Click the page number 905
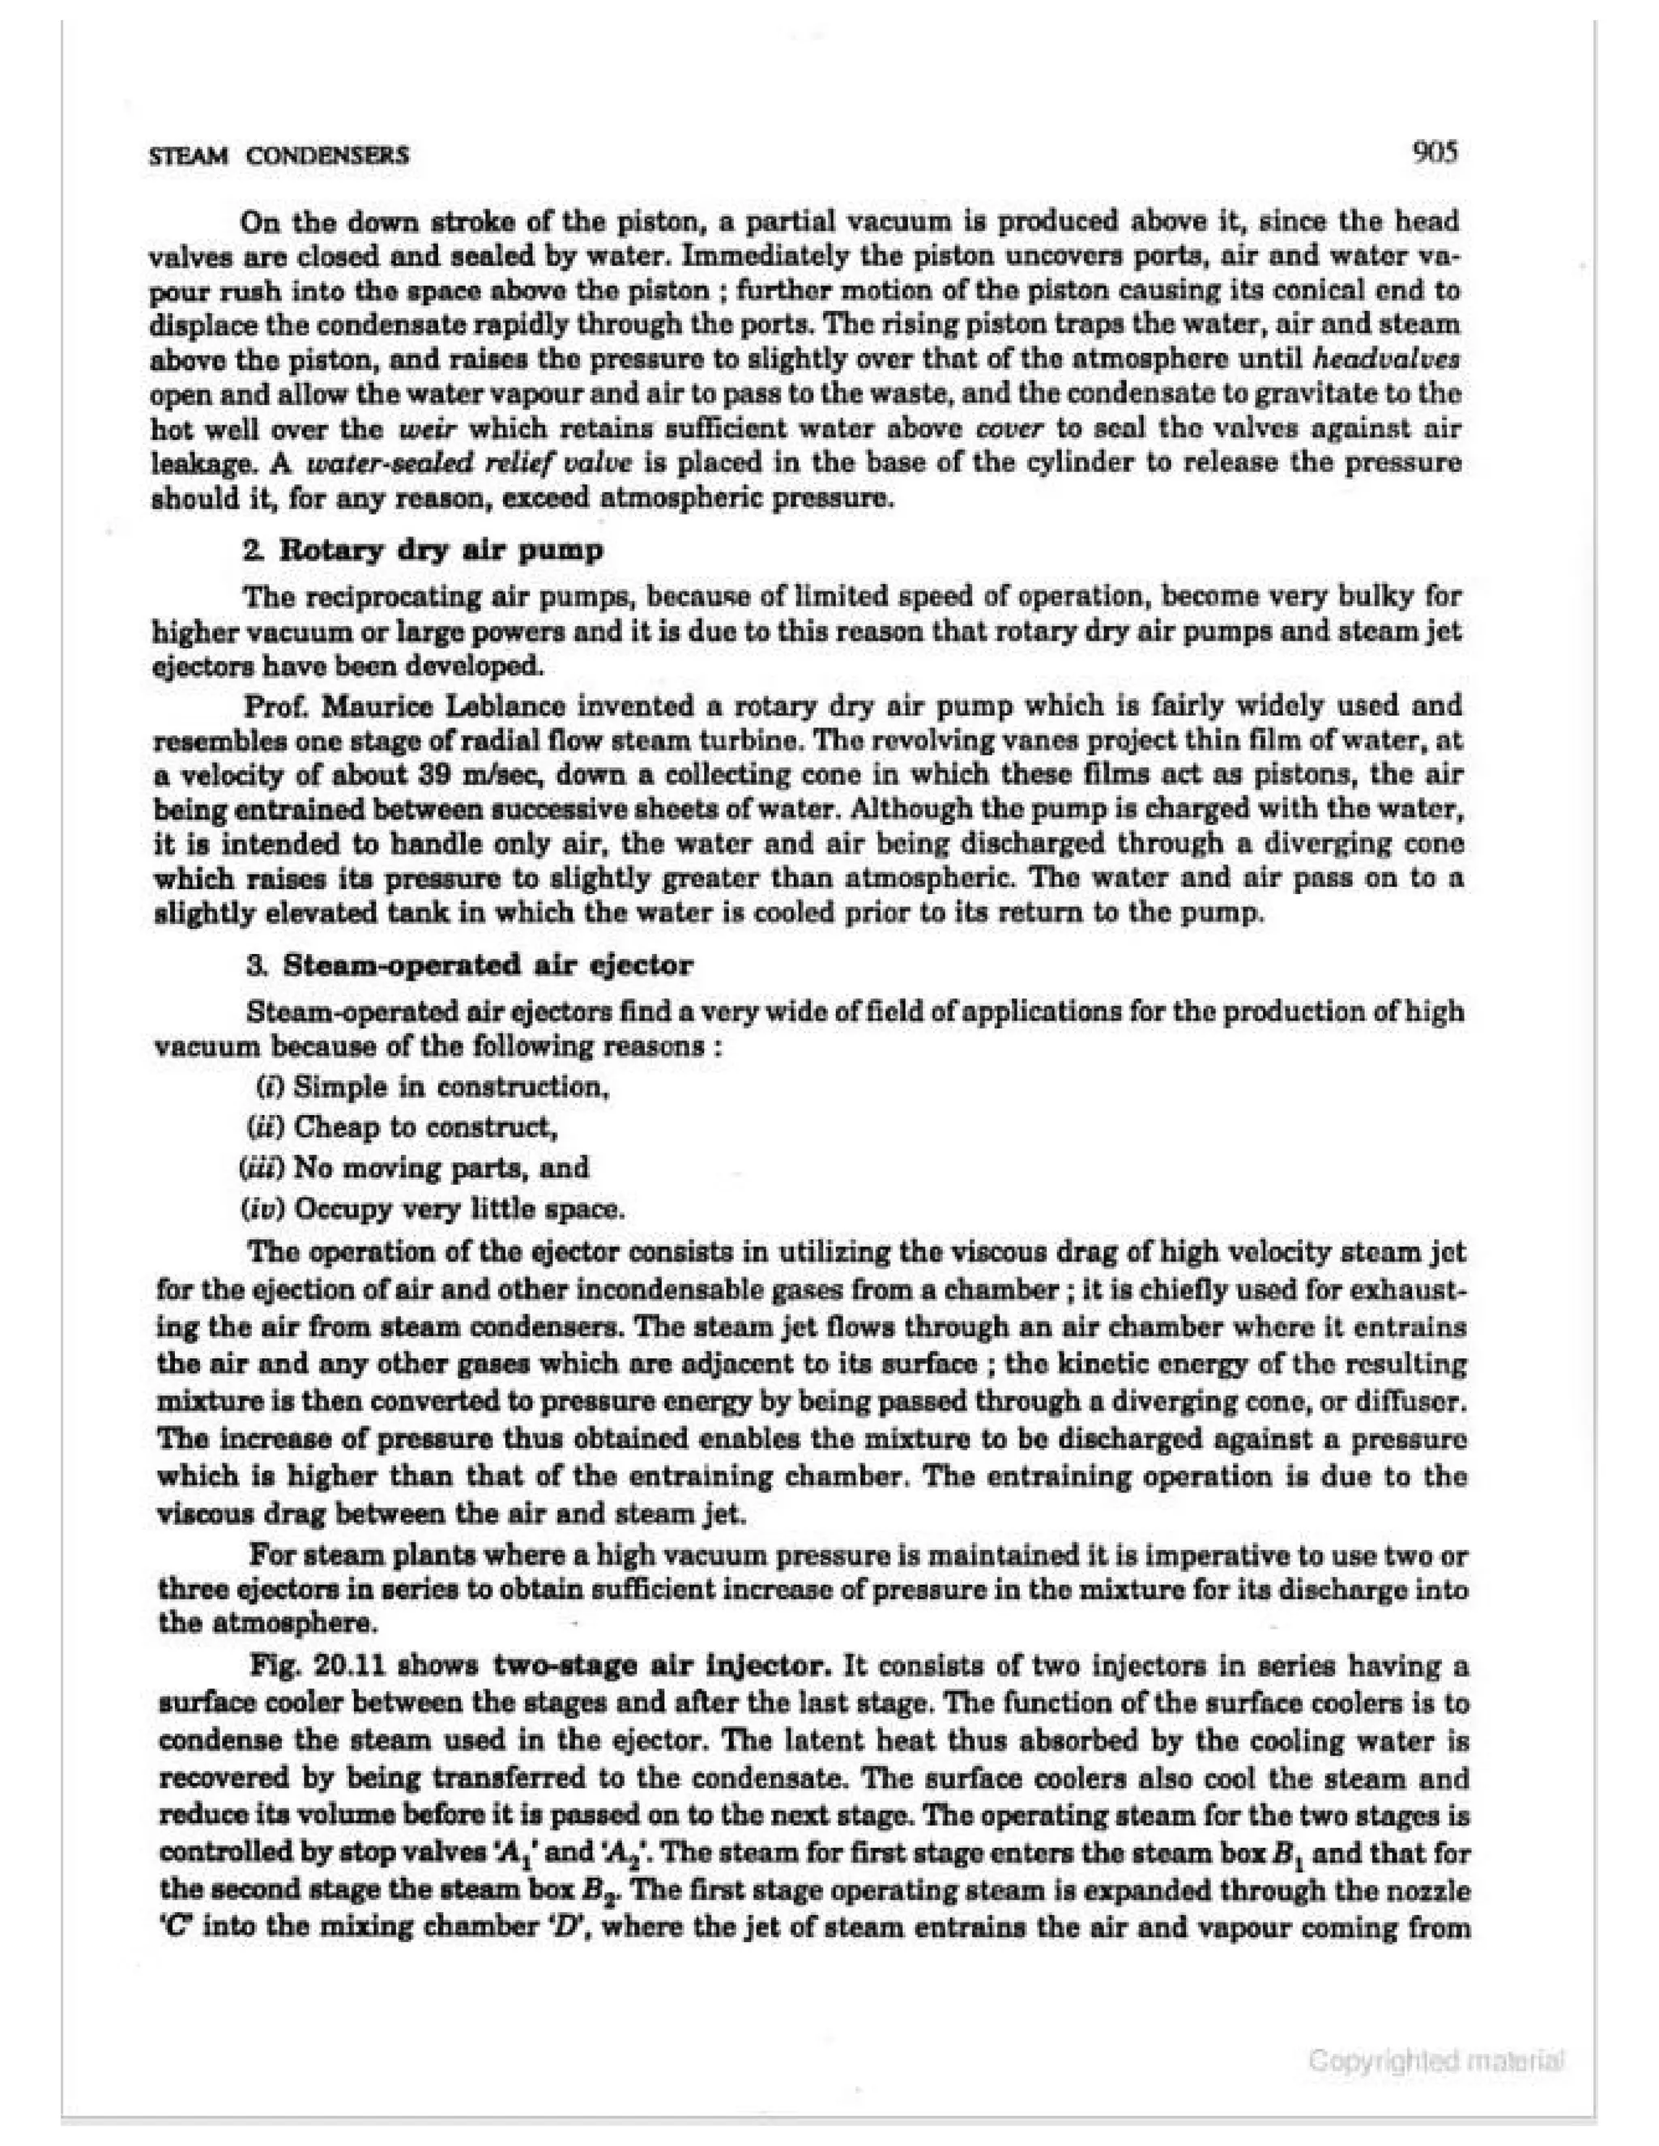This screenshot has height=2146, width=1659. point(1433,153)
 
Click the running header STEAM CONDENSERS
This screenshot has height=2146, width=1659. point(278,156)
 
